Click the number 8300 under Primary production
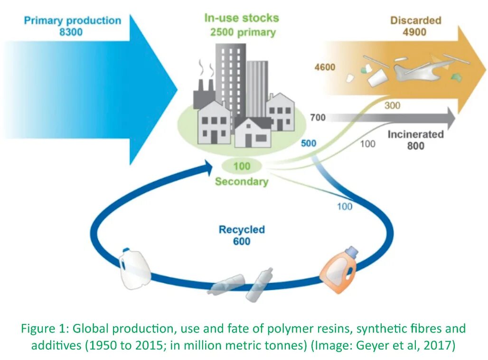pos(71,32)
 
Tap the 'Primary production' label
pos(73,20)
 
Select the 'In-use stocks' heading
pos(242,18)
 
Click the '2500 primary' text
pos(243,32)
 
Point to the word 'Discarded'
pos(416,20)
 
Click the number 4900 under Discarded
pos(414,32)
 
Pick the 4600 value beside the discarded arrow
pos(325,67)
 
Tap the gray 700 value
pos(318,117)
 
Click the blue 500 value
pos(309,143)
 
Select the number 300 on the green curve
pos(392,105)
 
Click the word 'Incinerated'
pos(415,134)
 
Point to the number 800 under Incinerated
pos(415,146)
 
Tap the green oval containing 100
pos(242,166)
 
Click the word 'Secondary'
pos(242,181)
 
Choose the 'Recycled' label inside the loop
pos(242,229)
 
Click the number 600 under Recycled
pos(242,241)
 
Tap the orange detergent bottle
pos(339,270)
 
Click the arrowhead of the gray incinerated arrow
pos(451,118)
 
